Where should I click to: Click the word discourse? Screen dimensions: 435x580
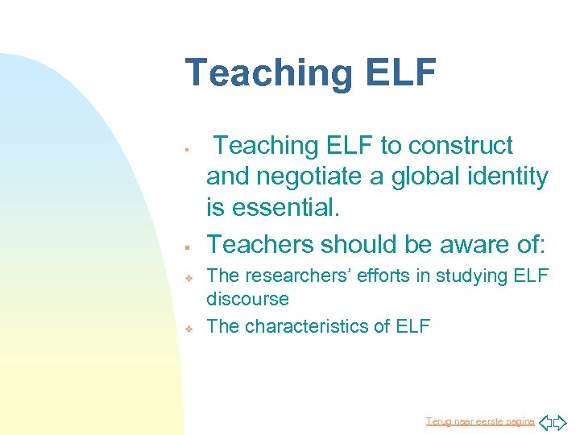click(247, 299)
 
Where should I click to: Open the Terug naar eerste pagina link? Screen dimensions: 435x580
click(480, 420)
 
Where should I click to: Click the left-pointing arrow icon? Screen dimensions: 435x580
click(545, 421)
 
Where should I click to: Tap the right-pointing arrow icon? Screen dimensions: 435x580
click(561, 421)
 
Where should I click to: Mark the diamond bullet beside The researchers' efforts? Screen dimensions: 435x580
click(186, 277)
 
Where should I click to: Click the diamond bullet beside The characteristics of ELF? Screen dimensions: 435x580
click(186, 328)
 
